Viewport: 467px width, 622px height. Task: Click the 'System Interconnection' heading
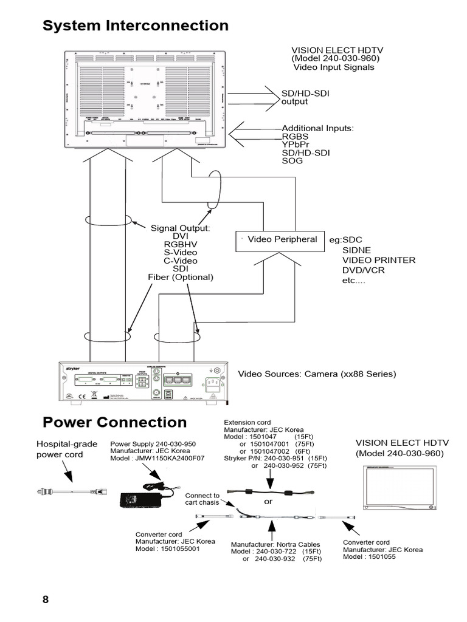click(x=135, y=26)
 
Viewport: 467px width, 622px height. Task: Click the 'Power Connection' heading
click(x=115, y=422)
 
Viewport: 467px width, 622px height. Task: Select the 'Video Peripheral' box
click(x=278, y=240)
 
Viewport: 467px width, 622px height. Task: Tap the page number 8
click(x=46, y=600)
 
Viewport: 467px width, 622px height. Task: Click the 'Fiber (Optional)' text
click(x=181, y=277)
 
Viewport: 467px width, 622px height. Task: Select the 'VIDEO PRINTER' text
click(x=378, y=260)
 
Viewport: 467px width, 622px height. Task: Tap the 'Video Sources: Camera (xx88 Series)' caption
click(x=316, y=374)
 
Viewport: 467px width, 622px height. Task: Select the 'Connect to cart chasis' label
click(x=202, y=499)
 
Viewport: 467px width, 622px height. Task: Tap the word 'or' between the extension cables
click(x=269, y=502)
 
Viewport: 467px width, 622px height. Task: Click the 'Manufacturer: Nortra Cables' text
click(x=275, y=544)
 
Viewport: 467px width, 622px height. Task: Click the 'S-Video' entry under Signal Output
click(x=181, y=252)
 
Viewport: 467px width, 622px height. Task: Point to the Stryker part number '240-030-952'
click(x=288, y=466)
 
